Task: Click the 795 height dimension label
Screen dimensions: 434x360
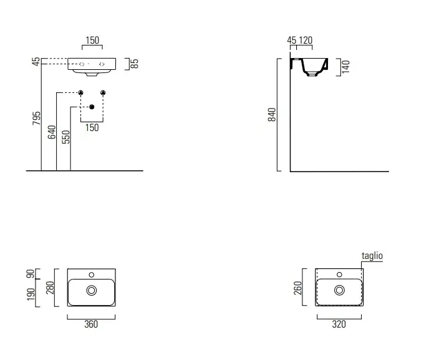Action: (36, 119)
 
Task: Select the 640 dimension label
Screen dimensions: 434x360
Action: (52, 132)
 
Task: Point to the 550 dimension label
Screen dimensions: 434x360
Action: (66, 137)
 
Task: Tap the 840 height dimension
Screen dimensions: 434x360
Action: (272, 115)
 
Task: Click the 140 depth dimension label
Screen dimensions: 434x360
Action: (345, 67)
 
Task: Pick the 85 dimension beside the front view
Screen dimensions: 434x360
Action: (134, 64)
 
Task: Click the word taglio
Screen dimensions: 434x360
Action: (372, 256)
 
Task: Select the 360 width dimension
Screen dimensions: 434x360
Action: (91, 324)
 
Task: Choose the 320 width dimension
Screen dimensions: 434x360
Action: (339, 324)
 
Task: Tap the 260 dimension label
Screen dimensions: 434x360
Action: (297, 288)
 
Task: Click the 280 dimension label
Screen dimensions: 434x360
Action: (50, 288)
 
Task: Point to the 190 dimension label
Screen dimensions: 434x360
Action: (31, 294)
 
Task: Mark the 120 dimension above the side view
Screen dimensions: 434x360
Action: (306, 40)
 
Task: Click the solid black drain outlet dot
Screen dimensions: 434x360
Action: (92, 107)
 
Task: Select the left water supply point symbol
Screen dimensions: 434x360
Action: (80, 92)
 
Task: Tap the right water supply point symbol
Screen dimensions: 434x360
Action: (103, 92)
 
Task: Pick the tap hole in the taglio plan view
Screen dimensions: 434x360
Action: (339, 275)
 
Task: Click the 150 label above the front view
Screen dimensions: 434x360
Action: (92, 40)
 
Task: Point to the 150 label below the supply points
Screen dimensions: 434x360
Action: (92, 128)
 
